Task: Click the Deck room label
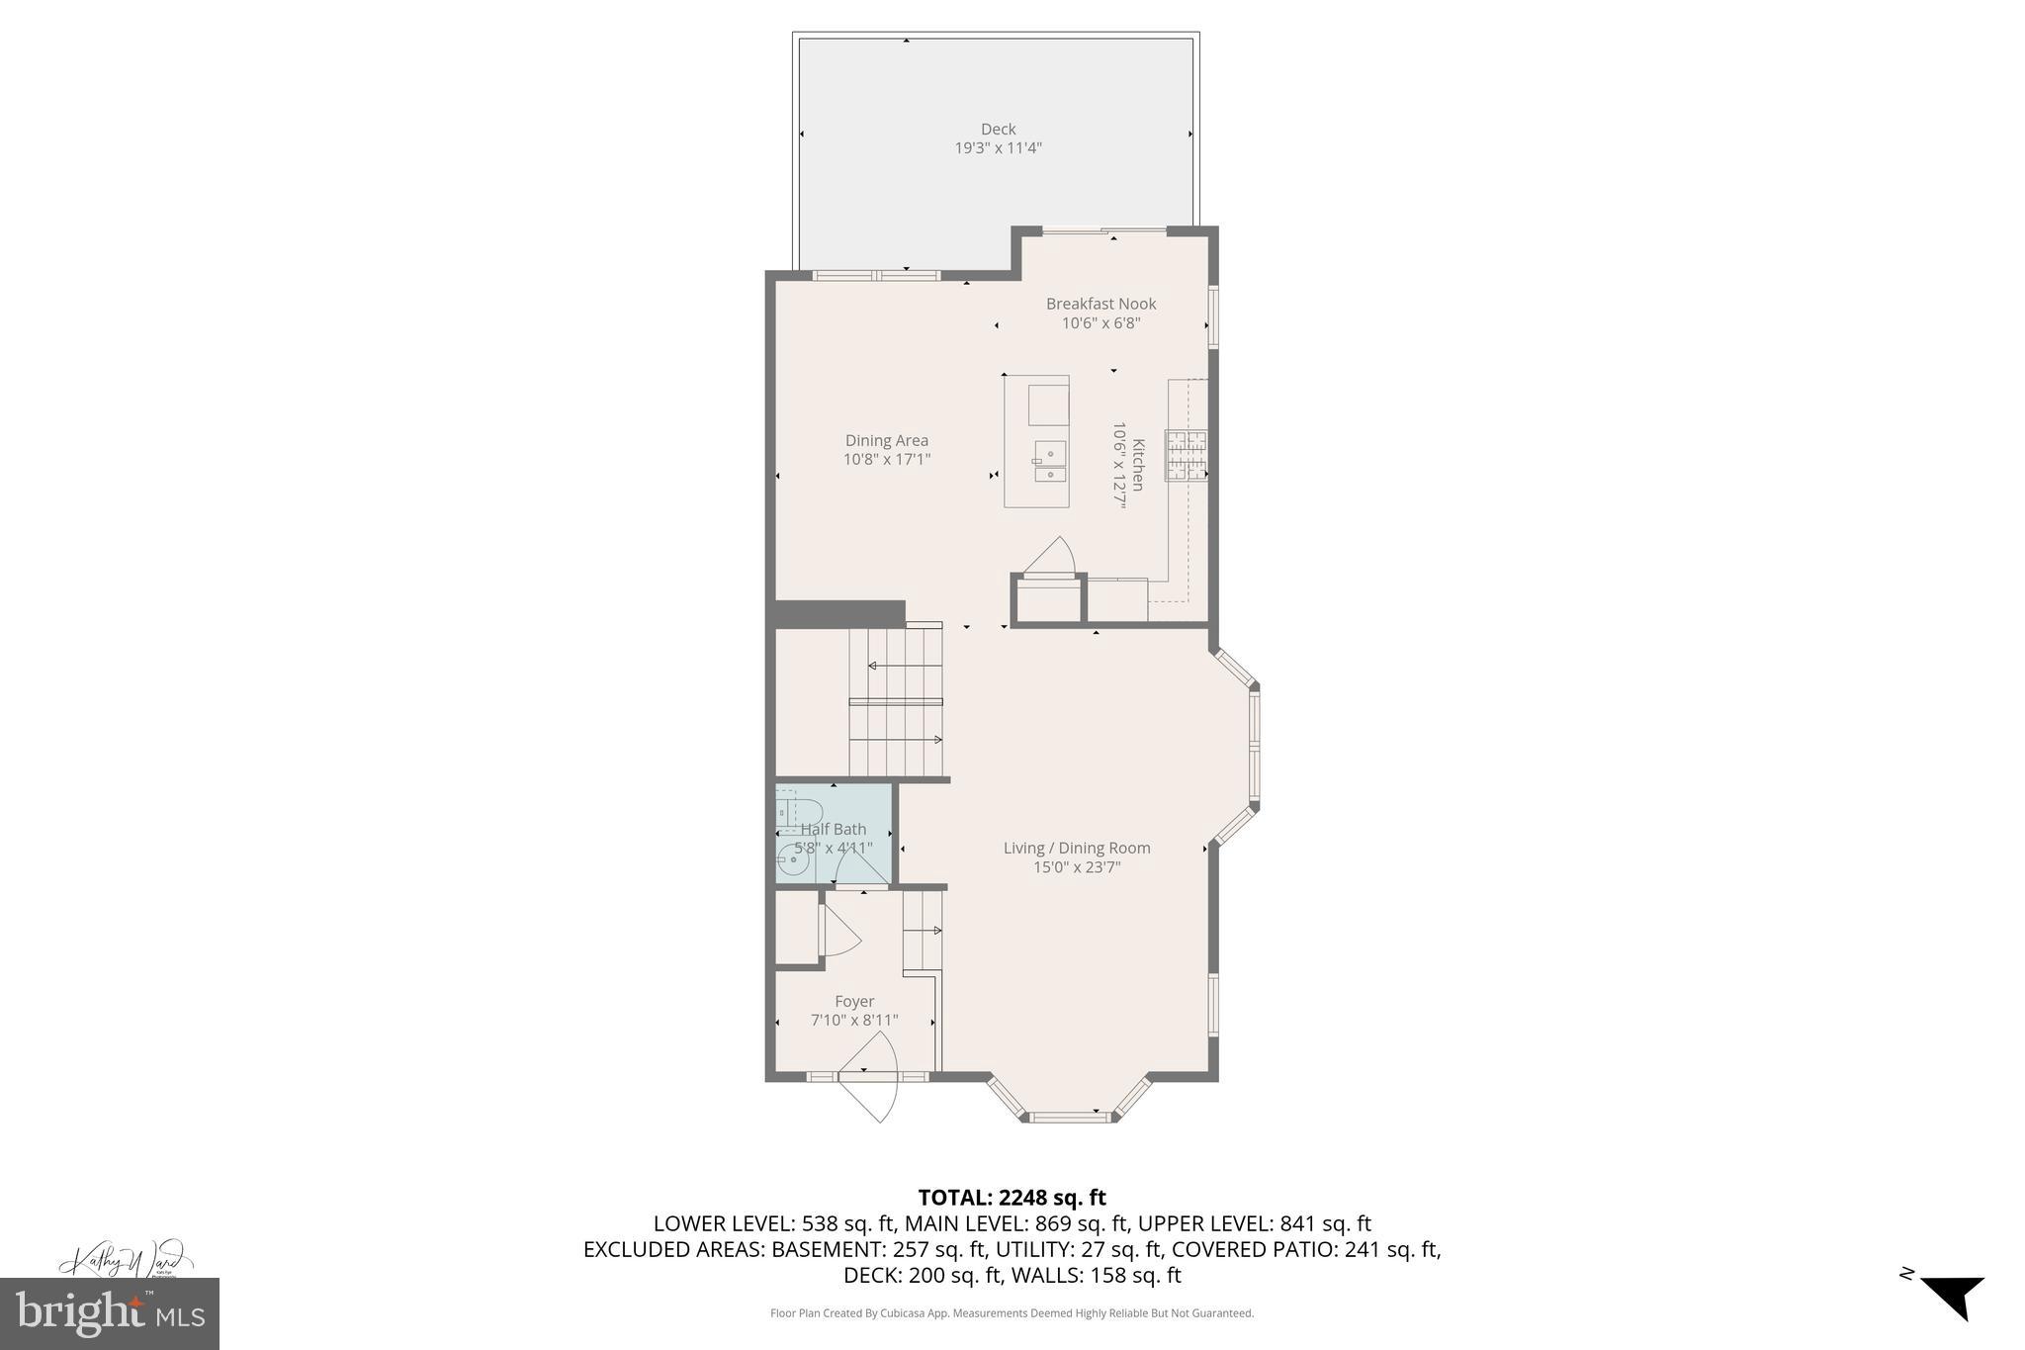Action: coord(998,129)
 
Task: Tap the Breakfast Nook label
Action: coord(1101,304)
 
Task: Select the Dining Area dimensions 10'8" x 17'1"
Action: coord(886,460)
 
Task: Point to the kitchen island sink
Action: coord(1049,461)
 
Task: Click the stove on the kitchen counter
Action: coord(1186,456)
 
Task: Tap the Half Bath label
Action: coord(834,829)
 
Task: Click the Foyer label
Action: coord(854,1001)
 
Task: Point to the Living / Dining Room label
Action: coord(1077,848)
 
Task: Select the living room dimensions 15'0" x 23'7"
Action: coord(1077,867)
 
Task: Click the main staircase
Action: coord(895,702)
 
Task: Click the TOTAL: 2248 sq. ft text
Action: coord(1012,1198)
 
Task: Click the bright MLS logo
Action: coord(110,1313)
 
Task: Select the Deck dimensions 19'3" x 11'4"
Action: coord(998,148)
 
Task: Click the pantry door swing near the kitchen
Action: coord(1051,556)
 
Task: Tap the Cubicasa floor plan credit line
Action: coord(1012,1313)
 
